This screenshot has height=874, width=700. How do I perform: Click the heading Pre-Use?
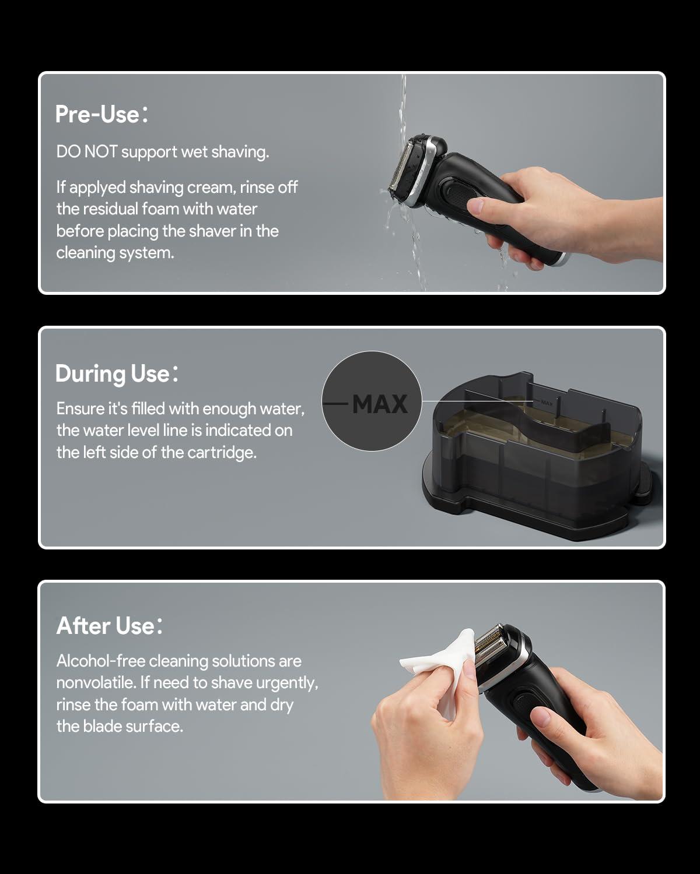click(101, 114)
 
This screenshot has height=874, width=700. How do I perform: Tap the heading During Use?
click(117, 373)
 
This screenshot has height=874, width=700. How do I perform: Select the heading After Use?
click(110, 625)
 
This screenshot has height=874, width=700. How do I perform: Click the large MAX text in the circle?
click(380, 404)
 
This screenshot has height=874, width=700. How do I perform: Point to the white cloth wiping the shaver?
click(439, 666)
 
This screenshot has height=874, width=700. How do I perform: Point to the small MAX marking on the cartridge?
click(547, 403)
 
